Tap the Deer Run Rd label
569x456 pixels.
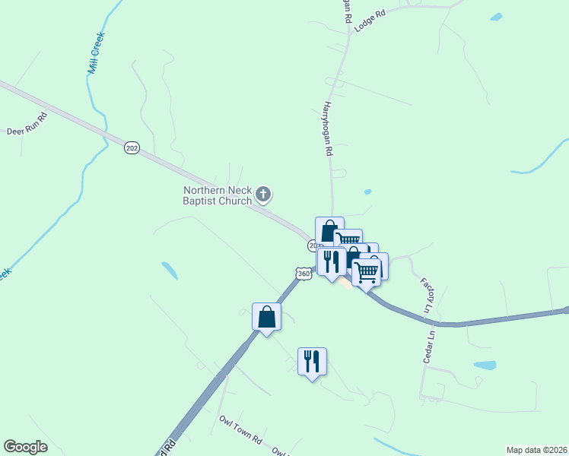[x=27, y=124]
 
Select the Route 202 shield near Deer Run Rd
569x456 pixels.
[x=132, y=147]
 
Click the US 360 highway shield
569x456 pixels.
[x=304, y=274]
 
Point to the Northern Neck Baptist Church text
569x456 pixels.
[x=217, y=195]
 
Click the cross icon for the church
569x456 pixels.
[x=263, y=195]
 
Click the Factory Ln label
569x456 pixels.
[x=426, y=295]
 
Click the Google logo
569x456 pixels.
[x=25, y=447]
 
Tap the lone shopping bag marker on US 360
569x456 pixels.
[x=267, y=316]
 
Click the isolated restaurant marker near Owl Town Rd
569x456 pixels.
[x=312, y=361]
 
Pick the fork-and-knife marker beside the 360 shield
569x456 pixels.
[x=332, y=261]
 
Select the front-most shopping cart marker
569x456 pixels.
[x=367, y=271]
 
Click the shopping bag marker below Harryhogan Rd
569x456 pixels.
[x=329, y=230]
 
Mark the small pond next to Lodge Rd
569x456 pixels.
[x=496, y=17]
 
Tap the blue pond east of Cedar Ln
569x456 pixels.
[x=485, y=365]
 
